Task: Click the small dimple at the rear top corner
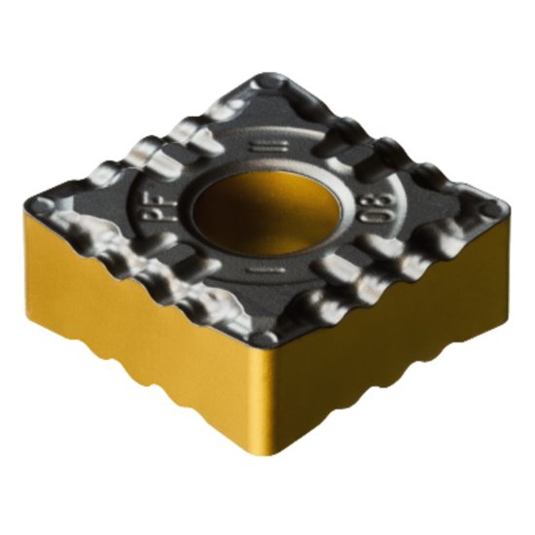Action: pos(267,89)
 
